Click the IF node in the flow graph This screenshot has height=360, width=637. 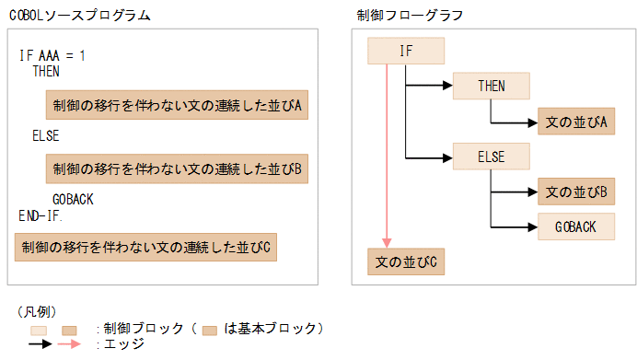pyautogui.click(x=406, y=51)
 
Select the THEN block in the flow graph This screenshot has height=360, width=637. pyautogui.click(x=492, y=86)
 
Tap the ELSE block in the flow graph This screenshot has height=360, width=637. pyautogui.click(x=492, y=157)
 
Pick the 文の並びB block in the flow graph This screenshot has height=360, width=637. pyautogui.click(x=576, y=192)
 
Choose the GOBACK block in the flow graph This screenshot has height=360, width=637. pyautogui.click(x=576, y=226)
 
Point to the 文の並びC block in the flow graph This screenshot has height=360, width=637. pyautogui.click(x=406, y=262)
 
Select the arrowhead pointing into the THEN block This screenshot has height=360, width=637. pyautogui.click(x=448, y=86)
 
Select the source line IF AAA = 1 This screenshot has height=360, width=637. pyautogui.click(x=52, y=56)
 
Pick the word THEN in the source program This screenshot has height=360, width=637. pyautogui.click(x=46, y=71)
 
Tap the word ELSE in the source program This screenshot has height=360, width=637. pyautogui.click(x=46, y=135)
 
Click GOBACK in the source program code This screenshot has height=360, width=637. pyautogui.click(x=73, y=200)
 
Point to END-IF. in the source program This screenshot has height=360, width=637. pyautogui.click(x=41, y=215)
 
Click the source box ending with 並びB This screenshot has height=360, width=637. pyautogui.click(x=177, y=168)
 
